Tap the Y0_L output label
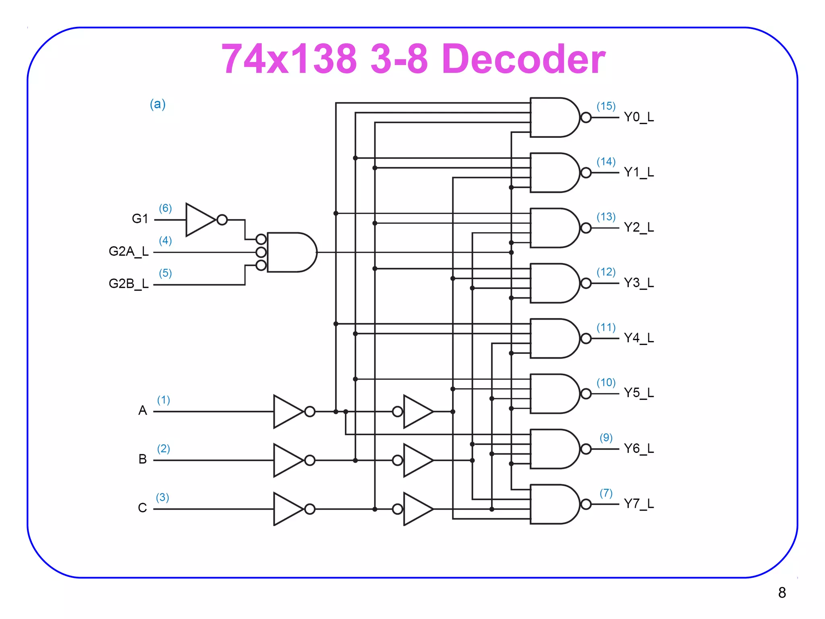tap(638, 117)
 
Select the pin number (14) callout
tap(606, 162)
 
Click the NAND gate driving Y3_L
tap(554, 283)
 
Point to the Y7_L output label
tap(638, 504)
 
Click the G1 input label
tap(140, 219)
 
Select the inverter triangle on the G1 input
tap(200, 220)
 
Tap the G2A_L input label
tap(129, 251)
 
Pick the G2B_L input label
tap(129, 284)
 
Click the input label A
tap(142, 411)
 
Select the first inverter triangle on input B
tap(287, 460)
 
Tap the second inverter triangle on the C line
tap(418, 509)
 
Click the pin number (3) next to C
tap(162, 498)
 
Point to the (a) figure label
tap(158, 104)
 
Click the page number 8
tap(782, 593)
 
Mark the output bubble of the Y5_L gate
tap(586, 394)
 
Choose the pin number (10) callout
tap(606, 382)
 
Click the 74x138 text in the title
tap(289, 59)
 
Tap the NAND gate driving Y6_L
tap(554, 449)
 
